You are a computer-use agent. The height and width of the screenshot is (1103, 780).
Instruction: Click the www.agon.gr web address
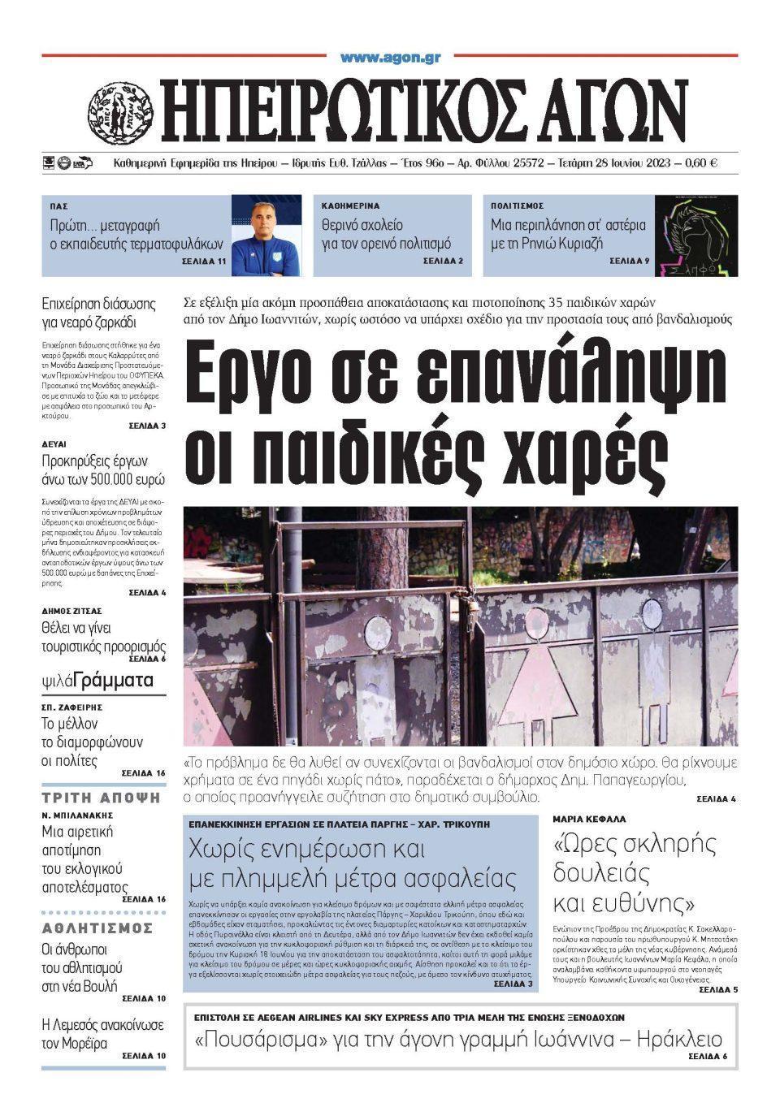[x=390, y=58]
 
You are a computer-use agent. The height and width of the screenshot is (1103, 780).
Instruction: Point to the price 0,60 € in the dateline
[x=700, y=162]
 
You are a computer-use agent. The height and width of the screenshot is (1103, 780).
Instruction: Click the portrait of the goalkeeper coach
[x=266, y=235]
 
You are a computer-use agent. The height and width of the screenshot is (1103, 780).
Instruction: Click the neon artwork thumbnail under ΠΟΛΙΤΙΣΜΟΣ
[x=695, y=235]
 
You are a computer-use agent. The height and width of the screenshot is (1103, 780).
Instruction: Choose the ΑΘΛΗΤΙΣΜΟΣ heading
[x=97, y=928]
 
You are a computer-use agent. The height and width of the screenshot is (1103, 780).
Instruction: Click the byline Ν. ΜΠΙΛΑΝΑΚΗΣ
[x=77, y=815]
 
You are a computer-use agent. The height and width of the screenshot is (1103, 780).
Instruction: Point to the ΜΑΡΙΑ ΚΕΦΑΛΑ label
[x=590, y=820]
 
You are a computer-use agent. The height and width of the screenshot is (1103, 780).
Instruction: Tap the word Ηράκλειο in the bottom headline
[x=679, y=1040]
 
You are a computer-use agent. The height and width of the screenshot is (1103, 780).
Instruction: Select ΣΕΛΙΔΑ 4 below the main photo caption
[x=716, y=799]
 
